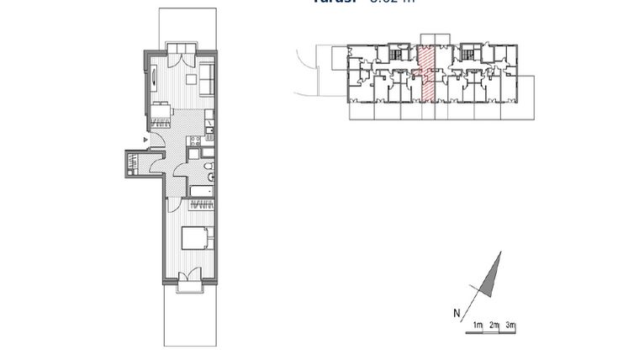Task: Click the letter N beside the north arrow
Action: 457,315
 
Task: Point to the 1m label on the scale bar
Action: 477,326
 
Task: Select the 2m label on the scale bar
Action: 494,326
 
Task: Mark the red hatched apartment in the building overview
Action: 426,72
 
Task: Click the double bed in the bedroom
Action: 198,238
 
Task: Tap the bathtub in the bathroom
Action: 202,191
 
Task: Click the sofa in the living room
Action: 207,79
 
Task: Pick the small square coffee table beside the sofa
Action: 191,80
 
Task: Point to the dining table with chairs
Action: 161,113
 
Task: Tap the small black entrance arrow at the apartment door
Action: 146,139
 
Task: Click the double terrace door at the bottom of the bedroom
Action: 189,278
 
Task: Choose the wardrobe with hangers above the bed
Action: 202,204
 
